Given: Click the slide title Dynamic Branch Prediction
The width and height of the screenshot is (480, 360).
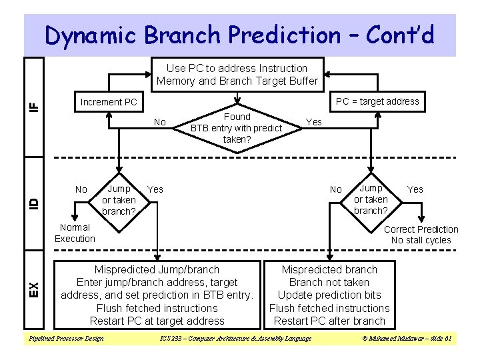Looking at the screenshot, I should tap(239, 35).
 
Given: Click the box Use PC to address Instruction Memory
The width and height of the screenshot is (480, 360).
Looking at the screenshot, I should tap(237, 75).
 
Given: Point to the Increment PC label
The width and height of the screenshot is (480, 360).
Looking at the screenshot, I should tap(108, 102).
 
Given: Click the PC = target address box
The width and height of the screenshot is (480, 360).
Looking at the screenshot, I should tap(377, 101).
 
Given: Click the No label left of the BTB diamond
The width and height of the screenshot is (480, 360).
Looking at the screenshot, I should tap(160, 122).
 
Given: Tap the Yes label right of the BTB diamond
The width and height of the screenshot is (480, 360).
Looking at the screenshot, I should tap(313, 122).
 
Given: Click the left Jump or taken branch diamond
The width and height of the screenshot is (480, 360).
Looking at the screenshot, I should tap(119, 200).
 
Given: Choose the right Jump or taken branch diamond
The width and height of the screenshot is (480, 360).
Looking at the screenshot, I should tap(371, 200).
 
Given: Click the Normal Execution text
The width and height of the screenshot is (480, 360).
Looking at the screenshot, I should tap(75, 233).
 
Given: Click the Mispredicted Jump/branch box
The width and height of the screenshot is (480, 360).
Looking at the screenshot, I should tap(157, 295).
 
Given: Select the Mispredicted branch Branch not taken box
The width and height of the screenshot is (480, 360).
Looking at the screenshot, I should tap(329, 295).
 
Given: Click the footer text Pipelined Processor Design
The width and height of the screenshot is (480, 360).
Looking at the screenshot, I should tap(65, 339).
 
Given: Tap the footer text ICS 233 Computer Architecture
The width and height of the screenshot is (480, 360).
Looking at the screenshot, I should tap(236, 339).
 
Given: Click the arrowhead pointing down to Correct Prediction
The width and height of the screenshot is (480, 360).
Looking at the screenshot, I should tap(421, 219).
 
